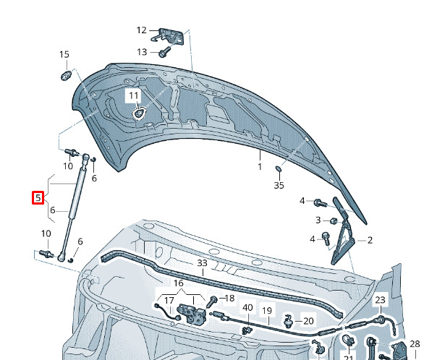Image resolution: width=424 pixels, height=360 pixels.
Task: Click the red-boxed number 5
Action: (x=38, y=197)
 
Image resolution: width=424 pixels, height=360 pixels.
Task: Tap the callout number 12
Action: (x=141, y=30)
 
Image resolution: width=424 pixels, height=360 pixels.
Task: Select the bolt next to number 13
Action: (x=164, y=52)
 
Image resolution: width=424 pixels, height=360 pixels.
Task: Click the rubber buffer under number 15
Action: (x=66, y=76)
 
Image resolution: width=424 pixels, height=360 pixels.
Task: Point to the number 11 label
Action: (x=134, y=95)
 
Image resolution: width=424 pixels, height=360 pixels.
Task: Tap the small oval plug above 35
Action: (x=279, y=169)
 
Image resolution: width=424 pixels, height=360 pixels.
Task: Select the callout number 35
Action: (x=279, y=185)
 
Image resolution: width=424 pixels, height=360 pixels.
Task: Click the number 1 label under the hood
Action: (x=260, y=167)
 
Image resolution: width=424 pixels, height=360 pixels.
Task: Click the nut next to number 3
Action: (x=333, y=221)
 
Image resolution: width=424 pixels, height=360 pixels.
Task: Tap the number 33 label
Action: (x=203, y=263)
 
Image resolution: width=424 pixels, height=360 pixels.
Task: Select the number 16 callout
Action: (x=179, y=283)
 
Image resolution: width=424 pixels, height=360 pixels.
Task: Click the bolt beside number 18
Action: (x=212, y=301)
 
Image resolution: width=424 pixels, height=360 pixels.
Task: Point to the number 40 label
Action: (x=247, y=308)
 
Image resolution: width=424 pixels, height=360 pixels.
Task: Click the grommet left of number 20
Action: (x=289, y=320)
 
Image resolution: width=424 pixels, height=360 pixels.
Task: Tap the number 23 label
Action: (x=380, y=300)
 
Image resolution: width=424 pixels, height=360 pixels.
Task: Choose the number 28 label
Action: (x=415, y=344)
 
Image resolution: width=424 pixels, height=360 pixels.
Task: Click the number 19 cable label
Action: (x=267, y=311)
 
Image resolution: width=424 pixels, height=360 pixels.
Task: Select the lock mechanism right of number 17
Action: (x=191, y=313)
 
